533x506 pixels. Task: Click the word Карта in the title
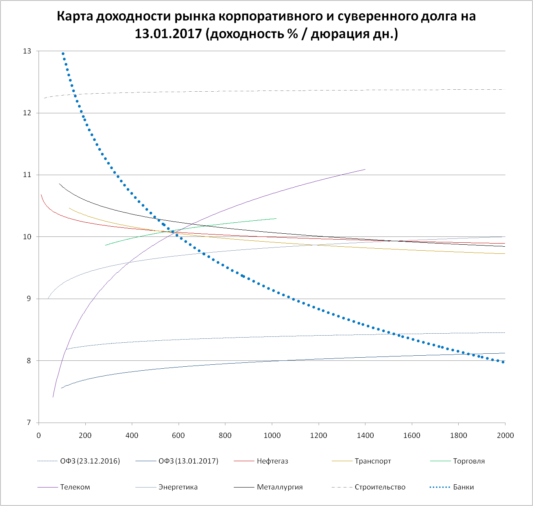coord(76,17)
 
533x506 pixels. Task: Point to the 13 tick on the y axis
coord(27,51)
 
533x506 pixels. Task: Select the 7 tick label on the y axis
coord(29,423)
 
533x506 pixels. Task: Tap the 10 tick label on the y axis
coord(27,237)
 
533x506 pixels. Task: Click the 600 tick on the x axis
coord(178,436)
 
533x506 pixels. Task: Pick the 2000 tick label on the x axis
coord(505,436)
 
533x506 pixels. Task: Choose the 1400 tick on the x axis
coord(365,436)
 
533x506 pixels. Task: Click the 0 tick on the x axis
coord(39,436)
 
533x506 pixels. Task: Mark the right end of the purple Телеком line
coord(365,169)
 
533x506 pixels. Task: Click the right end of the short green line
coord(276,218)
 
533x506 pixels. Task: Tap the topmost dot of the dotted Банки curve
coord(63,54)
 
